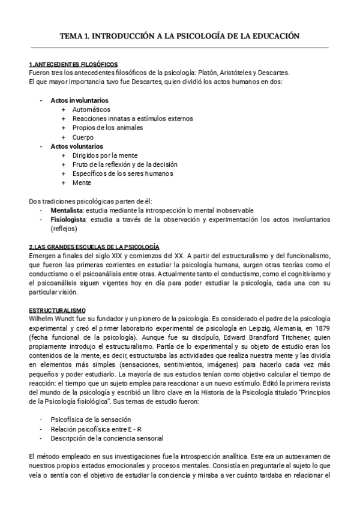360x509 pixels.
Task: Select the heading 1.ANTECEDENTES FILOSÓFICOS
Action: point(73,64)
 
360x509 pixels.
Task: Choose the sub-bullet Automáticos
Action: point(91,110)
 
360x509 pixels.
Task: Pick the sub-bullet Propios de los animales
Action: point(107,128)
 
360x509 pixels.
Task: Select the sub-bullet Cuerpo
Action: point(83,137)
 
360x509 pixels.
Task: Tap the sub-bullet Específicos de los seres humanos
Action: point(122,173)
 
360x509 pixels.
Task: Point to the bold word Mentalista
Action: point(67,210)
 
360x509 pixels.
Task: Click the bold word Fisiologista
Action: point(68,220)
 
